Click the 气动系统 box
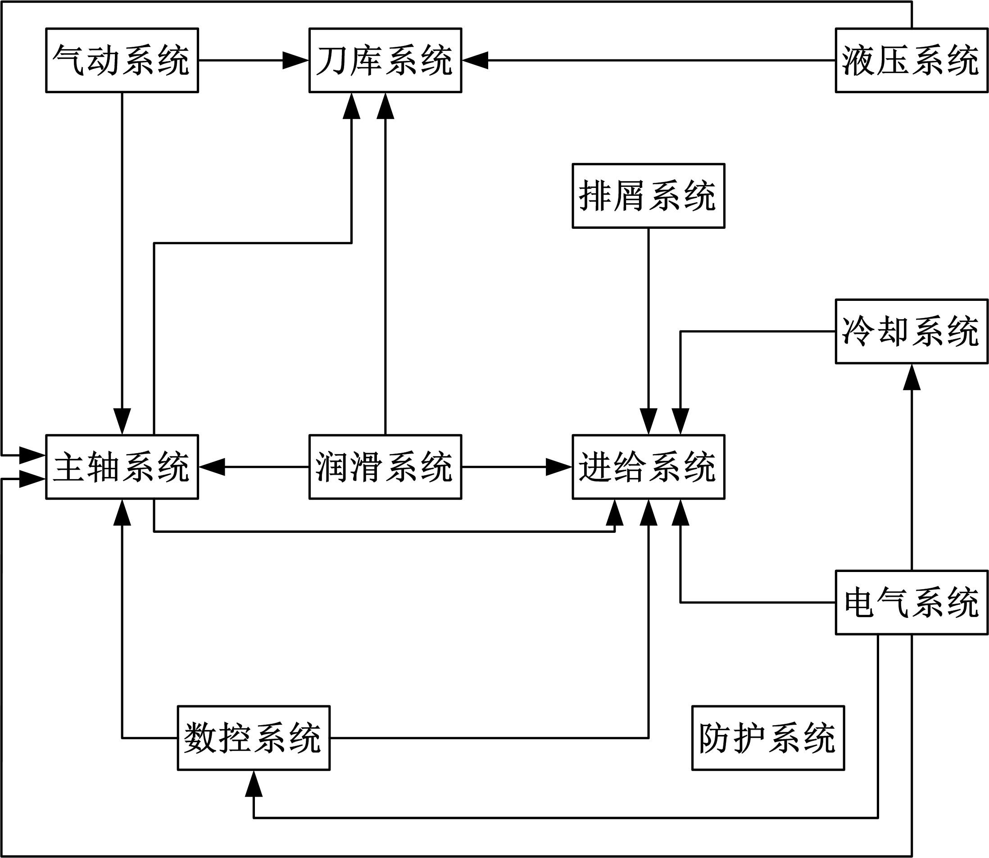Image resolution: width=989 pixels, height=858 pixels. pos(122,60)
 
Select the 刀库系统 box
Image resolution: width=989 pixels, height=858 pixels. pos(386,60)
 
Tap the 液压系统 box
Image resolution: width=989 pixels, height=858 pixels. pos(912,60)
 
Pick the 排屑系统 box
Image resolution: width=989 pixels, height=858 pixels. pos(648,196)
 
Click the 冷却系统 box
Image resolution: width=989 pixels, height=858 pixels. pos(912,331)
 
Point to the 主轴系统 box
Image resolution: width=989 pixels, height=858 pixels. pos(122,467)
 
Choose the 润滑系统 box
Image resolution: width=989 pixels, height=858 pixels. pos(386,467)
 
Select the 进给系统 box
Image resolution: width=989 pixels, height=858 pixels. pos(648,467)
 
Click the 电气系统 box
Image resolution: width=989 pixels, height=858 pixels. pos(912,602)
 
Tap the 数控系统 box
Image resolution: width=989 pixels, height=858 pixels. pos(254,738)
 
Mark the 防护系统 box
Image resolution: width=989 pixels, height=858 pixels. pos(768,738)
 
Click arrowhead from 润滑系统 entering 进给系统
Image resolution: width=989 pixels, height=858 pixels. pos(559,467)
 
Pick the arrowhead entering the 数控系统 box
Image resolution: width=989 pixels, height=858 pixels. pos(254,783)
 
